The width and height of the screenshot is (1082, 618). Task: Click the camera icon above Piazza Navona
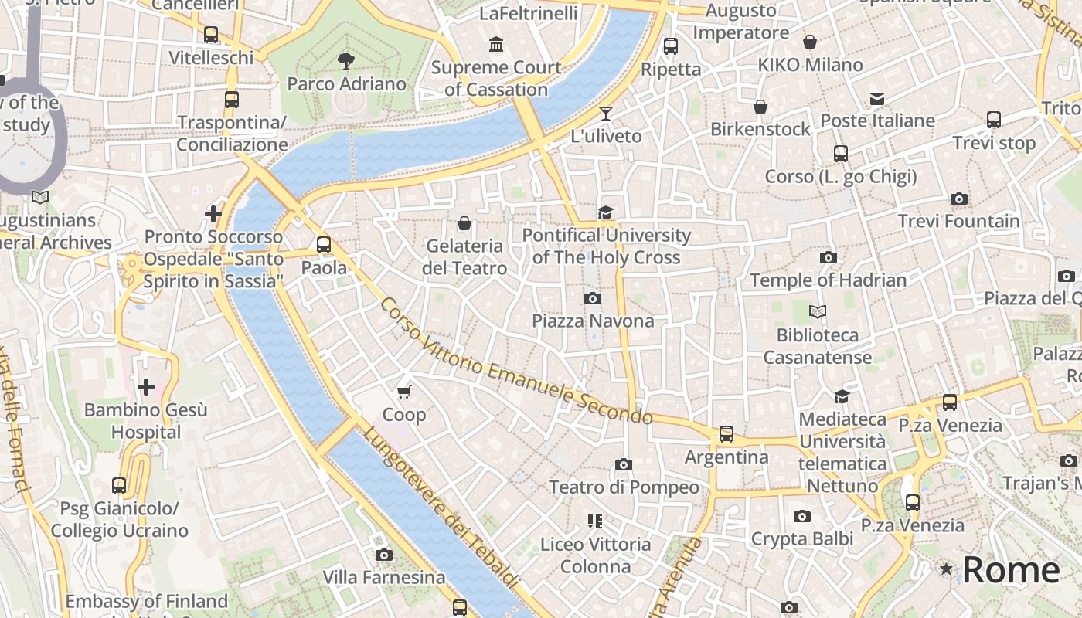tap(593, 298)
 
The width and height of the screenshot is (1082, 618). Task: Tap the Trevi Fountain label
tap(958, 221)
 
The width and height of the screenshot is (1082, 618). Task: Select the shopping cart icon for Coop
tap(403, 392)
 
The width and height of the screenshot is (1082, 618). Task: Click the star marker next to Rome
tap(946, 569)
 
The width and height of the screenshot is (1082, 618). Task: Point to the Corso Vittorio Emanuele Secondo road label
tap(516, 361)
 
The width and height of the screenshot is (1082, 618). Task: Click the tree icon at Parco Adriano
tap(346, 60)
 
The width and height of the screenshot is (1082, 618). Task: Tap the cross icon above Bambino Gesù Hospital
tap(145, 386)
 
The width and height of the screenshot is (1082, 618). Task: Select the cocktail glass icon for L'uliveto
tap(606, 114)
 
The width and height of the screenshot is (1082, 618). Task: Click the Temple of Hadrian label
tap(828, 280)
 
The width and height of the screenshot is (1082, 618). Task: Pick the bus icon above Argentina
tap(726, 434)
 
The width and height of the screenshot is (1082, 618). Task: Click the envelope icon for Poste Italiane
tap(877, 98)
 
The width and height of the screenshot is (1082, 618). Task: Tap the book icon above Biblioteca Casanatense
tap(818, 312)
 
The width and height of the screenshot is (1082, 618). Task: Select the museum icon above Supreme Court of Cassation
tap(496, 44)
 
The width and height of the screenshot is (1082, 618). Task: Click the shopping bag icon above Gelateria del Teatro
tap(464, 224)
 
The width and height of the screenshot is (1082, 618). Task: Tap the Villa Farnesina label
tap(384, 577)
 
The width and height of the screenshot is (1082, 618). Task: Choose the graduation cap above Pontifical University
tap(606, 212)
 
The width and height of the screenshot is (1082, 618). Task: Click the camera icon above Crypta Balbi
tap(802, 516)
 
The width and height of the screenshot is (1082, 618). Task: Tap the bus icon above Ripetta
tap(671, 46)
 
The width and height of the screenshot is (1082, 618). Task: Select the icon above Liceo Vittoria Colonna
tap(595, 521)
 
